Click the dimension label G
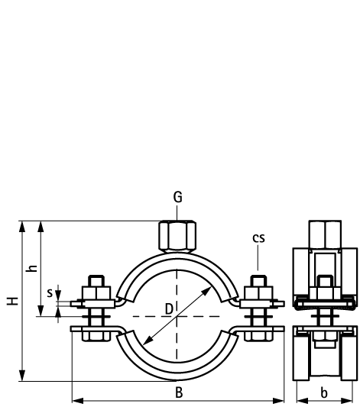(x=177, y=197)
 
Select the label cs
(x=259, y=237)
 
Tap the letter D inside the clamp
(x=170, y=308)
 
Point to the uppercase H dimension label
(x=11, y=301)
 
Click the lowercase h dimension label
(x=31, y=268)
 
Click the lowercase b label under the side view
(x=324, y=393)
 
